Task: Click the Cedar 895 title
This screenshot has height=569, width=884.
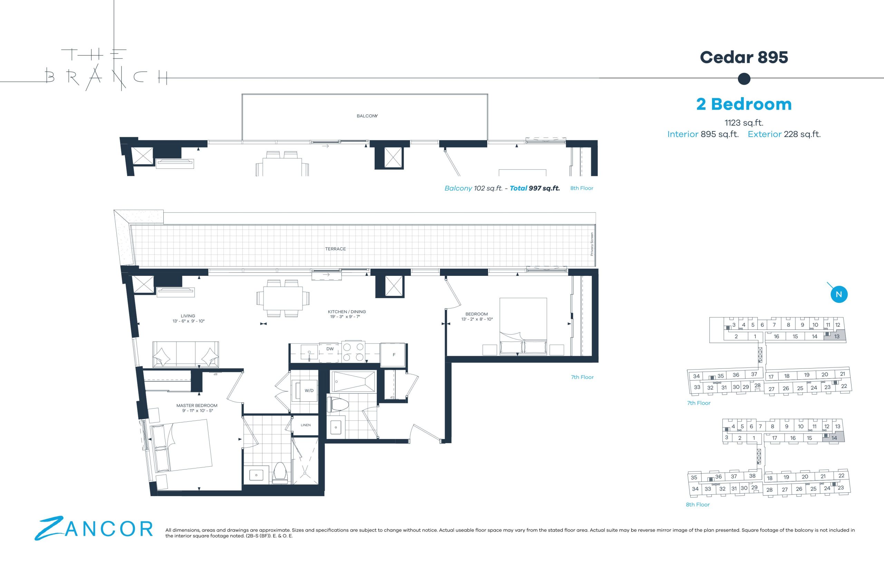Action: pos(744,57)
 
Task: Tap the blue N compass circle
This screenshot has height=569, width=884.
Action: pos(839,295)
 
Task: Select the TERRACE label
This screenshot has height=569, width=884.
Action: pos(335,249)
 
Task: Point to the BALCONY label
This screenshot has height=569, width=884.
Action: pos(367,116)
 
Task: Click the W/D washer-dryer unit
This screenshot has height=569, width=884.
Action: pos(305,391)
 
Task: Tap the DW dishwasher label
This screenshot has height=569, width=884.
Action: pos(330,349)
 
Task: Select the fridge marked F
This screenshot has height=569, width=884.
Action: pos(393,355)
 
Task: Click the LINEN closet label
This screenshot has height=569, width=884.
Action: pos(305,425)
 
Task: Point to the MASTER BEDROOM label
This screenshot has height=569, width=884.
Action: pos(197,405)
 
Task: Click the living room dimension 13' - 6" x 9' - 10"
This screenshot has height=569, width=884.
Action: pos(188,321)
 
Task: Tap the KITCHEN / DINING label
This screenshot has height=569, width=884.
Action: pos(347,312)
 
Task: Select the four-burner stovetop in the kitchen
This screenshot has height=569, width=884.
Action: pos(353,351)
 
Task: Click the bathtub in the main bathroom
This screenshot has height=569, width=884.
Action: pos(353,381)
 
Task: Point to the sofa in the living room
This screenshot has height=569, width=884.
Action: pos(186,354)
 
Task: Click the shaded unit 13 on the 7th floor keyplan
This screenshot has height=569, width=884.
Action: pos(837,336)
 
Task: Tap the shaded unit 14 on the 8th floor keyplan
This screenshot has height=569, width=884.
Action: pos(834,438)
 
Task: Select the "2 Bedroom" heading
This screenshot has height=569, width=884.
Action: pos(744,104)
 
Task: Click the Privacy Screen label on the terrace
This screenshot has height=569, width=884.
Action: pos(592,244)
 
